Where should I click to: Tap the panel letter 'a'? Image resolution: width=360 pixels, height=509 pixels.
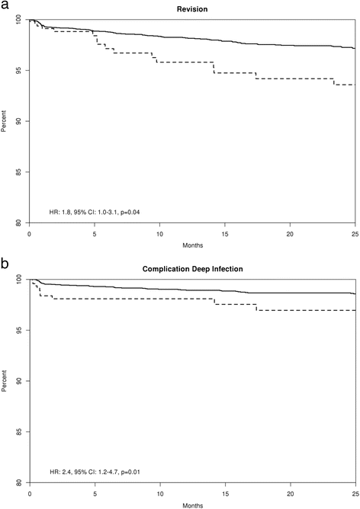tap(5, 5)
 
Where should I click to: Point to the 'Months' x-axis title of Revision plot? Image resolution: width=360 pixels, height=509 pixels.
tap(191, 245)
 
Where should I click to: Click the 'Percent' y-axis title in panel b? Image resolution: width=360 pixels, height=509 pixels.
tap(5, 380)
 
